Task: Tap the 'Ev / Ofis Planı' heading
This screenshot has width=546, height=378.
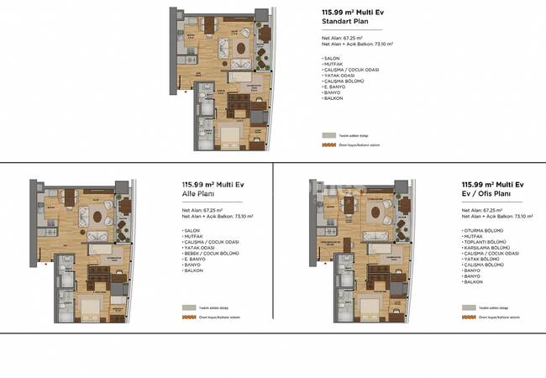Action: tap(488, 194)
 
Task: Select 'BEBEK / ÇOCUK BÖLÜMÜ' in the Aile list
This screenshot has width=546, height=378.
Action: tap(210, 254)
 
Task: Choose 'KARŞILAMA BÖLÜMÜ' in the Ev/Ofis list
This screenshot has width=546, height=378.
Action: tap(485, 248)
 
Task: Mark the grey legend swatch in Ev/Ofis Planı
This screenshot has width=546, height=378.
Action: tap(466, 307)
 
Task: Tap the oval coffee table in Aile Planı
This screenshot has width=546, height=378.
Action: tap(99, 216)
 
